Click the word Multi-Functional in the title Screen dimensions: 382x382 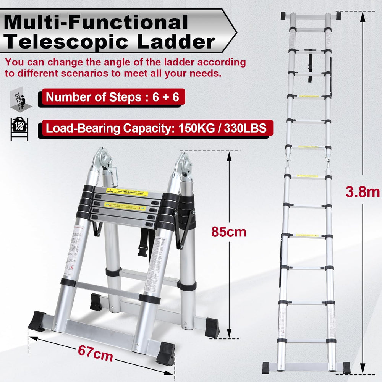pyautogui.click(x=96, y=22)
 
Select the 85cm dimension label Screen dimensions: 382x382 pyautogui.click(x=229, y=231)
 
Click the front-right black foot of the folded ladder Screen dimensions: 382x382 pyautogui.click(x=165, y=353)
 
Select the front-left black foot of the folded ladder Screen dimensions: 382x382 pyautogui.click(x=37, y=321)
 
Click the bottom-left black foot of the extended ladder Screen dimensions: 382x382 pyautogui.click(x=269, y=367)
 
